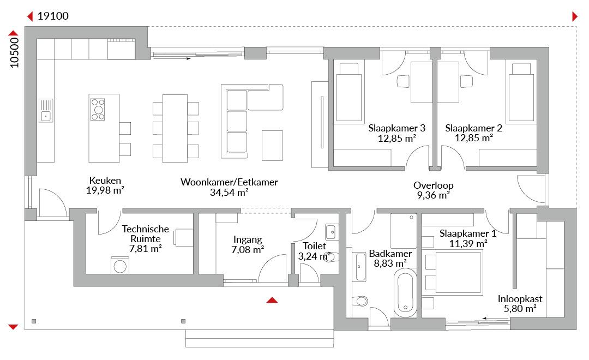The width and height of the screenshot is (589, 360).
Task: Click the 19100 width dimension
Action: (53, 16)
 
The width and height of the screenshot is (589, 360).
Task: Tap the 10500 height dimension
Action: (14, 52)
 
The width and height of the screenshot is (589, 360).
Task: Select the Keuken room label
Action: (105, 181)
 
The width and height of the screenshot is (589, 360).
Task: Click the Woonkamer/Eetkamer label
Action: (229, 182)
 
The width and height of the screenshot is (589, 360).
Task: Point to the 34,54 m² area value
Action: (229, 193)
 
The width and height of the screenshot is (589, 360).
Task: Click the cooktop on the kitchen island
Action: (98, 109)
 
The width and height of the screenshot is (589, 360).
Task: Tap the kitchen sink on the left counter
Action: (46, 111)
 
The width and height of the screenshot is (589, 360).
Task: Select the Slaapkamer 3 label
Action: (396, 128)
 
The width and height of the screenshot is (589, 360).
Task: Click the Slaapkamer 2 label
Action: (474, 128)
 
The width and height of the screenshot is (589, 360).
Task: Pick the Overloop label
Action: (434, 185)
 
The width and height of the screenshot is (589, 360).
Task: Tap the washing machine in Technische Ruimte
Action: (120, 265)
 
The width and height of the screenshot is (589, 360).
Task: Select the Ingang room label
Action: (248, 240)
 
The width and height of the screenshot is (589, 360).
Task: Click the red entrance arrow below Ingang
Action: (272, 300)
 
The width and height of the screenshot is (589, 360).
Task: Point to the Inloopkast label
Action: (520, 299)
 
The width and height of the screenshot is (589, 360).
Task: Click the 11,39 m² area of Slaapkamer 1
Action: (468, 244)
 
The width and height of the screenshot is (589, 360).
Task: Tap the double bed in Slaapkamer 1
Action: (452, 272)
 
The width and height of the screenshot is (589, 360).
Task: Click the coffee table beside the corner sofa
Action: (272, 146)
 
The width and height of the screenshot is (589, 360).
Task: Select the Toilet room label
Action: (315, 246)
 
